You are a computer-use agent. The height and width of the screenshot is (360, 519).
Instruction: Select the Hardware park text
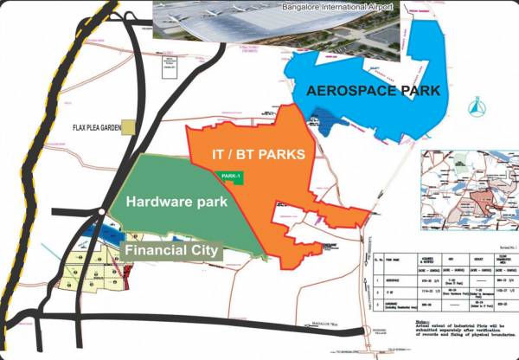click(176, 202)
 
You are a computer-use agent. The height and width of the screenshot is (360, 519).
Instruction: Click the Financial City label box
click(170, 251)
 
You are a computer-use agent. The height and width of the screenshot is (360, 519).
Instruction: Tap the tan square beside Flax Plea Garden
click(128, 127)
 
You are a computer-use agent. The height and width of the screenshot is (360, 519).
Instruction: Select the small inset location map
click(466, 187)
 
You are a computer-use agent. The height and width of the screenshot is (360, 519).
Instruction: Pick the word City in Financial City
click(200, 251)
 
